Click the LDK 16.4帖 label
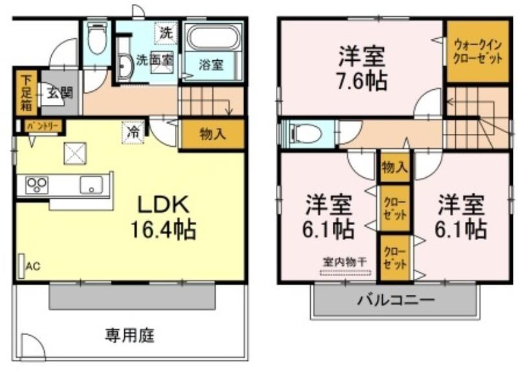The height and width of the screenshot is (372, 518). click(164, 217)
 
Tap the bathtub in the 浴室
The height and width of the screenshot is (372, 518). click(214, 38)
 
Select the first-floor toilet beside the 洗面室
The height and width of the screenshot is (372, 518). click(96, 38)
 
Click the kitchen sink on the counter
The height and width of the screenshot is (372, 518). click(91, 185)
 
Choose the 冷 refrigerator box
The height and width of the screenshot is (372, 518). click(133, 133)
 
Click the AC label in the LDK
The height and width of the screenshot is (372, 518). click(33, 266)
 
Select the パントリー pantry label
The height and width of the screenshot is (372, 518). click(43, 126)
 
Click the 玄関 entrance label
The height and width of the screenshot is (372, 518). click(60, 93)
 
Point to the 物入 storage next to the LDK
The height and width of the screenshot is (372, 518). click(212, 134)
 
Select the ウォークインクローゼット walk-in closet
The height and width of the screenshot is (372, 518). click(477, 51)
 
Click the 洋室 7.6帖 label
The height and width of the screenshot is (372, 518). click(362, 68)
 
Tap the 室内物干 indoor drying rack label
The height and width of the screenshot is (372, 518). click(344, 262)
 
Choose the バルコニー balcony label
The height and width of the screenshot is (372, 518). click(396, 300)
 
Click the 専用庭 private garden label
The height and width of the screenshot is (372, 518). click(130, 335)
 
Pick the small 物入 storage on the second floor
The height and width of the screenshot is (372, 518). click(395, 168)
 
